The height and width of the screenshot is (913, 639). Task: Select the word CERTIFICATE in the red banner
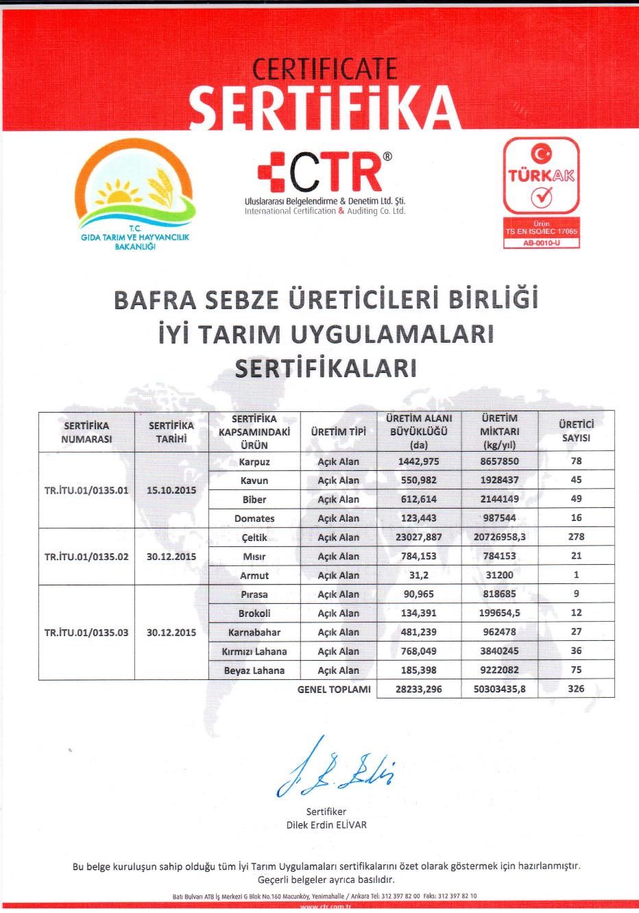tap(325, 69)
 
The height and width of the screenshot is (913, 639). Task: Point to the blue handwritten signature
tap(336, 769)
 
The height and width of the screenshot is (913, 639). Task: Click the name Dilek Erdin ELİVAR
tap(326, 825)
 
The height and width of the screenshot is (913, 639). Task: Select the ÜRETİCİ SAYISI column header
tap(576, 431)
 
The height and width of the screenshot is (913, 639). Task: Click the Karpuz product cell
tap(254, 462)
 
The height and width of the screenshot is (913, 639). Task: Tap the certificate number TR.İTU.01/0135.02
tap(86, 557)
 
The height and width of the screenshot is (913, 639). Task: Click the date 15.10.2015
tap(171, 491)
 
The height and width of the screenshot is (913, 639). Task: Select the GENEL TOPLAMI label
tap(334, 689)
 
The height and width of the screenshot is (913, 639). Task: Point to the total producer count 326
tap(576, 688)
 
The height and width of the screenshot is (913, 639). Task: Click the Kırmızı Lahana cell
tap(254, 651)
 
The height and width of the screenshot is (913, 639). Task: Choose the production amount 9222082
tap(499, 670)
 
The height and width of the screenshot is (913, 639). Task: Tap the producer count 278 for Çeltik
tap(576, 537)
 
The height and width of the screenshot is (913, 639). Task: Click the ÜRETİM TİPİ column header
tap(338, 432)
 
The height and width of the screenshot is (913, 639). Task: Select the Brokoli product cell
tap(254, 613)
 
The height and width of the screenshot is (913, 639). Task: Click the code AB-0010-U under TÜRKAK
tap(541, 243)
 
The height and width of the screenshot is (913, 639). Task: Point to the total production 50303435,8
tap(499, 689)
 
